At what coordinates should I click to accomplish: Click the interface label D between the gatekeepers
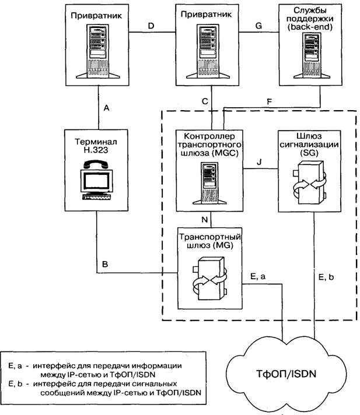(x=151, y=27)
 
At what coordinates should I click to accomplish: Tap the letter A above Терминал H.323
(x=107, y=108)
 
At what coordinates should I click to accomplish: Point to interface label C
(x=204, y=100)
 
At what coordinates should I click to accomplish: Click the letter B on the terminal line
(x=106, y=265)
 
